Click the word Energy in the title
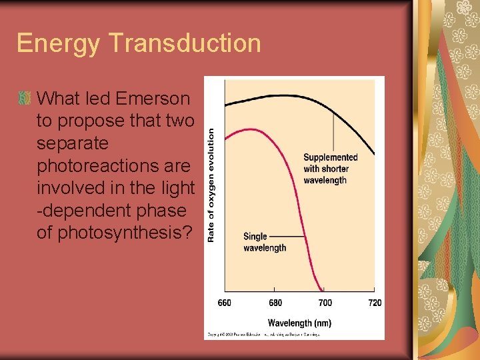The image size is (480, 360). [58, 43]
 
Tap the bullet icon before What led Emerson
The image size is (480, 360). [25, 99]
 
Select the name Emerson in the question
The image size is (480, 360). [153, 99]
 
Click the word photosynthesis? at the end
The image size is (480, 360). [122, 233]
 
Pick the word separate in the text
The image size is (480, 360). [72, 143]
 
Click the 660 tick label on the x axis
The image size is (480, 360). [225, 303]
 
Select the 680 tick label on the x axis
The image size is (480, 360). [275, 303]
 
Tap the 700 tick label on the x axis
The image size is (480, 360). [325, 303]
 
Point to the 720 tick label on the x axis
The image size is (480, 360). [375, 303]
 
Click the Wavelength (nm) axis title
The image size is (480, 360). [299, 323]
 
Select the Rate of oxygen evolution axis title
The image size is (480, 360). [211, 185]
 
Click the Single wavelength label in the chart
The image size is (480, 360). [264, 242]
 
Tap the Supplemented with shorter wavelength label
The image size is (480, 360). [330, 169]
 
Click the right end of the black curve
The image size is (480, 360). [374, 155]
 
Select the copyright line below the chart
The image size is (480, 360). [263, 334]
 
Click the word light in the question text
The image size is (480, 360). [176, 188]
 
